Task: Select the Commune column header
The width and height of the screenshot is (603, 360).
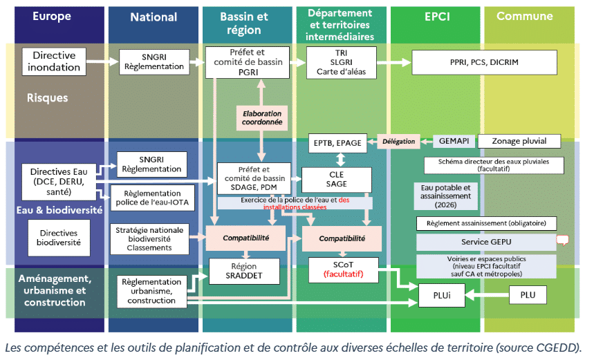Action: pyautogui.click(x=524, y=17)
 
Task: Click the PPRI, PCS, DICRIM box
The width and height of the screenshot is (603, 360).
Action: pyautogui.click(x=483, y=61)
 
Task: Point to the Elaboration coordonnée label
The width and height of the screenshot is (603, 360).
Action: pyautogui.click(x=262, y=117)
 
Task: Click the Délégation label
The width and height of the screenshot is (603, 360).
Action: pyautogui.click(x=398, y=141)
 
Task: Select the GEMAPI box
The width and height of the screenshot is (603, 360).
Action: pyautogui.click(x=454, y=141)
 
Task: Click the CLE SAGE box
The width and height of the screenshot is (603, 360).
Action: pyautogui.click(x=336, y=180)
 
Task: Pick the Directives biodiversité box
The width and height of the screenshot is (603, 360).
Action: pyautogui.click(x=58, y=238)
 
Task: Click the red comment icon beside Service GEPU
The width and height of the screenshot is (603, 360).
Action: pyautogui.click(x=562, y=240)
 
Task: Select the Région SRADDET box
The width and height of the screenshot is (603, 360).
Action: pyautogui.click(x=245, y=270)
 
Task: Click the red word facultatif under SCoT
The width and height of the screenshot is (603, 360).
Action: pyautogui.click(x=346, y=274)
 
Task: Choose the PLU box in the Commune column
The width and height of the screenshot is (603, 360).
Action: pyautogui.click(x=523, y=295)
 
